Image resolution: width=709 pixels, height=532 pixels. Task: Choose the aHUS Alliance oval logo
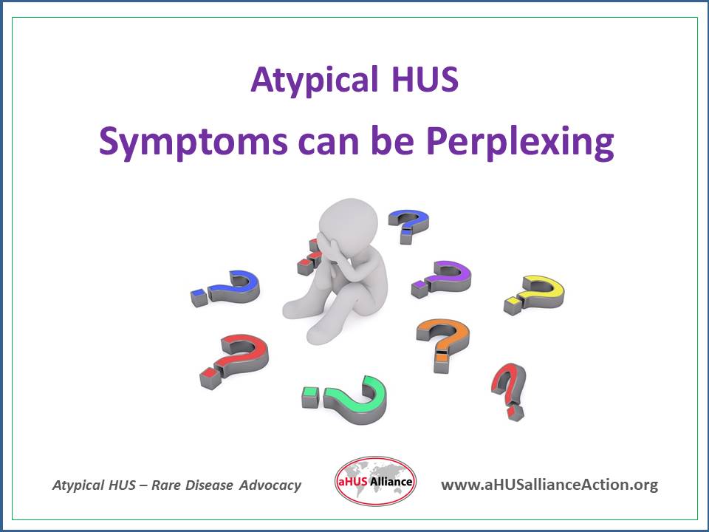pyautogui.click(x=375, y=482)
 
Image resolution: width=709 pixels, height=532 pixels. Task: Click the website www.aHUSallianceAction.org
pyautogui.click(x=549, y=485)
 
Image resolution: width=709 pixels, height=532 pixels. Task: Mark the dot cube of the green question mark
pyautogui.click(x=309, y=397)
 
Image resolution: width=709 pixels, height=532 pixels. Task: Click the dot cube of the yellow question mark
pyautogui.click(x=511, y=305)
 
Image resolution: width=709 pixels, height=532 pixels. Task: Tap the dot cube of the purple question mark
pyautogui.click(x=419, y=288)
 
